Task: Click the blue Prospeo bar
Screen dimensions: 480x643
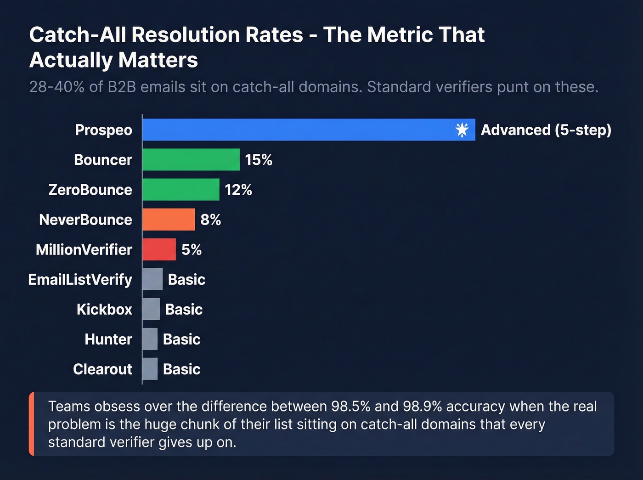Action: click(x=299, y=130)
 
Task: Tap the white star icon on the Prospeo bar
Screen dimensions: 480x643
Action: click(x=462, y=130)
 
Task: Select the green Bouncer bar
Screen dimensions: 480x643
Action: click(x=191, y=159)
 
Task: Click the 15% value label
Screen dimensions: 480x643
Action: click(x=259, y=160)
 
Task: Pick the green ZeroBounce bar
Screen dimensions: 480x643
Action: click(x=180, y=189)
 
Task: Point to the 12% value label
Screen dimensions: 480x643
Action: click(x=238, y=190)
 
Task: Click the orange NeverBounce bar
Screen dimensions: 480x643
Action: click(x=169, y=219)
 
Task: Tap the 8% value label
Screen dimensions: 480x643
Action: click(x=211, y=220)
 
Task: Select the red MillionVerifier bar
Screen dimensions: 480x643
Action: click(x=159, y=249)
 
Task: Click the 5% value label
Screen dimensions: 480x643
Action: click(x=192, y=249)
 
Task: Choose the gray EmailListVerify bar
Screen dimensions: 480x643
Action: click(x=152, y=279)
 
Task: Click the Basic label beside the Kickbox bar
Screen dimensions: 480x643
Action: click(x=184, y=309)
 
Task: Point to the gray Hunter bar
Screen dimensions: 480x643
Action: click(x=150, y=339)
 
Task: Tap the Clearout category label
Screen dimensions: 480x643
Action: click(x=102, y=369)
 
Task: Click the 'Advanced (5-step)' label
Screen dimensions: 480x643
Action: click(x=546, y=130)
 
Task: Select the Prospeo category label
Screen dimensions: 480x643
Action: click(x=103, y=130)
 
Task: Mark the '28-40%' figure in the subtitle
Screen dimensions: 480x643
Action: click(x=56, y=87)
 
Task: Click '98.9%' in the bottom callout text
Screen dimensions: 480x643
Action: click(x=422, y=407)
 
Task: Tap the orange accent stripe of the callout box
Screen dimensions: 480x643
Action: click(x=32, y=424)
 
